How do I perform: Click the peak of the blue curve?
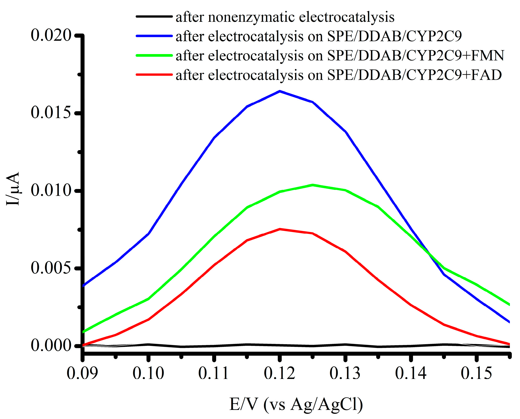click(279, 91)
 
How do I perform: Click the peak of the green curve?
click(313, 185)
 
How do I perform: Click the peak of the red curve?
click(280, 229)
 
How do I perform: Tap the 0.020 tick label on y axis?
click(51, 35)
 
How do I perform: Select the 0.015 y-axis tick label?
click(51, 113)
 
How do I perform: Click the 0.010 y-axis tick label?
click(51, 190)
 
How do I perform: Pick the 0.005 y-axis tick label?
click(51, 268)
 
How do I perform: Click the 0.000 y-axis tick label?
click(51, 346)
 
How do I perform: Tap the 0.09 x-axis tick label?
click(82, 373)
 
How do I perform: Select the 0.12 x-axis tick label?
click(279, 373)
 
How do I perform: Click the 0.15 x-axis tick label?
click(476, 373)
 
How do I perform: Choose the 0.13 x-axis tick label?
click(345, 373)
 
